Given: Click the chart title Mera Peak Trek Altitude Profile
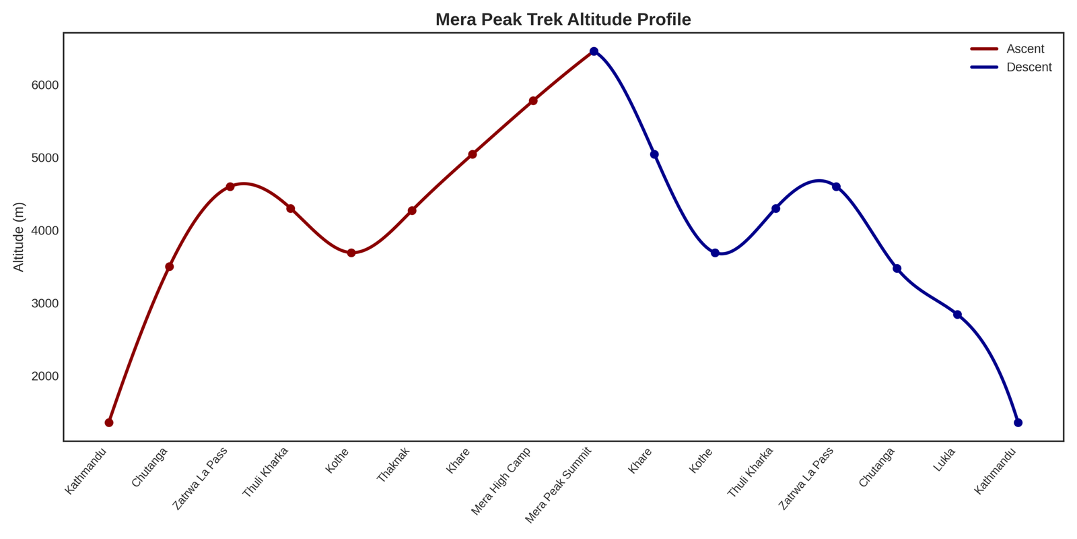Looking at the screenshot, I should tap(563, 20).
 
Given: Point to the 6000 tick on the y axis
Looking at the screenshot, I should tap(44, 86).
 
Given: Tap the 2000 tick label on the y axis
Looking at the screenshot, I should tap(44, 376).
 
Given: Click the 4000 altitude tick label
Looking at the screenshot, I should tap(44, 230).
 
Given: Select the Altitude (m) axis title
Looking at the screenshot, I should tap(19, 236).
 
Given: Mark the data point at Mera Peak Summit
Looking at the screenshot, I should tap(594, 52).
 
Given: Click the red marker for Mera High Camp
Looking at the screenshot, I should tap(533, 101).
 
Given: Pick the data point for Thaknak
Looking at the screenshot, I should tap(412, 211).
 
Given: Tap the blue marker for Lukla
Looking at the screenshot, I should tap(957, 315).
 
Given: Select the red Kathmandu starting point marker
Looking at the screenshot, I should tap(109, 422).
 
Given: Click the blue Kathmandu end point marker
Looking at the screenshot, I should tap(1018, 422).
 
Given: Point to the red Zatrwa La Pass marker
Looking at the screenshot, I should tap(230, 187).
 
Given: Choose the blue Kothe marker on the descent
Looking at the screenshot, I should tap(715, 253).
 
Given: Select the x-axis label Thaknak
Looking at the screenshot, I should tap(393, 464).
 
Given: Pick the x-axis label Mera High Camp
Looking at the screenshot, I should tap(501, 480).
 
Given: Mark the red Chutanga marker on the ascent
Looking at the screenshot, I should tap(170, 267).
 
